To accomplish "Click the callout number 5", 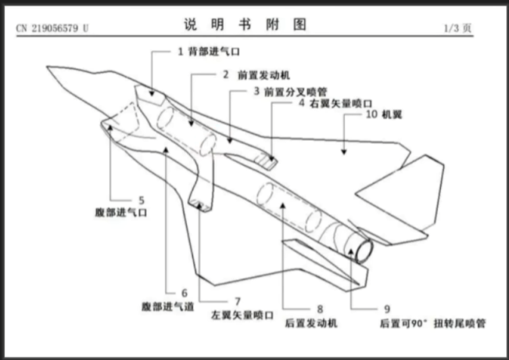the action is (x=141, y=199).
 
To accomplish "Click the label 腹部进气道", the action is (x=168, y=306).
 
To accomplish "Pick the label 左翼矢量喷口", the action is (x=242, y=315).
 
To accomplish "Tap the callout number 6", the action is (x=185, y=293).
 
